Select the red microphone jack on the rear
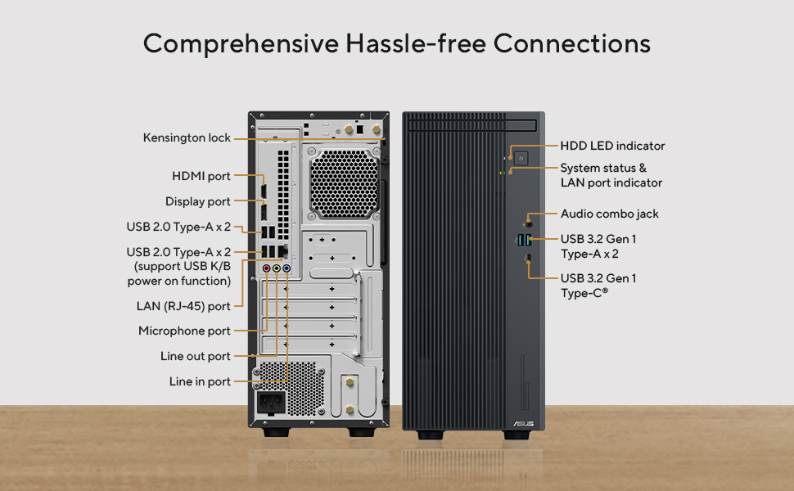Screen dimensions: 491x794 [x=266, y=268]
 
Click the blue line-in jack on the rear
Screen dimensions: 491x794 [x=286, y=268]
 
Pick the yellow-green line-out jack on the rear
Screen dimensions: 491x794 [x=277, y=268]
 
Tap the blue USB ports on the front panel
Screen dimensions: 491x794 [x=526, y=239]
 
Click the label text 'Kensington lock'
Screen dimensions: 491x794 [x=187, y=138]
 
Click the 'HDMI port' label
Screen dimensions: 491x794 [x=201, y=176]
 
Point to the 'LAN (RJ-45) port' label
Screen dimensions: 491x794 [x=185, y=307]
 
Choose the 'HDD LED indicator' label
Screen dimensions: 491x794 [x=612, y=146]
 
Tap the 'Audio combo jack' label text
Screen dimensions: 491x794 [x=609, y=214]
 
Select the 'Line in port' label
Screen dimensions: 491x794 [x=200, y=381]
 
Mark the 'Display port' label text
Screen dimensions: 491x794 [x=198, y=201]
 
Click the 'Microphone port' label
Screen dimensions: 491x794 [x=184, y=331]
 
